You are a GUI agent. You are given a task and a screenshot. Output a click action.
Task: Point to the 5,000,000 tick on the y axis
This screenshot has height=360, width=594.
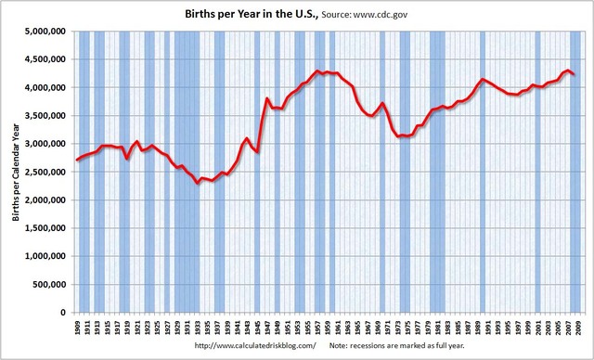(44, 31)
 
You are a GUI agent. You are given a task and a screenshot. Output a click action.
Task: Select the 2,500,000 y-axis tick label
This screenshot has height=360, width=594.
(44, 172)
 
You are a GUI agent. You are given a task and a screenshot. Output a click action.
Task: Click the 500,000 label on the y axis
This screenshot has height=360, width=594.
(47, 284)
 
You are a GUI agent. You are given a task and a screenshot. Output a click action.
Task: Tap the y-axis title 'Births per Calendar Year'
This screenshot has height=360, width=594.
(14, 171)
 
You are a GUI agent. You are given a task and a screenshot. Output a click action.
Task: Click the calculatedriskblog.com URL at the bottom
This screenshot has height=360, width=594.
(255, 345)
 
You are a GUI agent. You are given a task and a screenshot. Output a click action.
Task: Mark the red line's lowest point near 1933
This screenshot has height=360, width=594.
(198, 183)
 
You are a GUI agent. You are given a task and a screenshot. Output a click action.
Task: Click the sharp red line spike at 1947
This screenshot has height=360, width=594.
(267, 98)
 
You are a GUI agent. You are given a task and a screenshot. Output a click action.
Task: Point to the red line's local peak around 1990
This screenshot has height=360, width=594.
(483, 80)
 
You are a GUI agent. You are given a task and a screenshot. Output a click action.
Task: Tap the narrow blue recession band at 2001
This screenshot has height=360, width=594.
(537, 172)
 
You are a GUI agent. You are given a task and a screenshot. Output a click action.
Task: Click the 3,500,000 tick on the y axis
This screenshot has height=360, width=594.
(44, 115)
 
